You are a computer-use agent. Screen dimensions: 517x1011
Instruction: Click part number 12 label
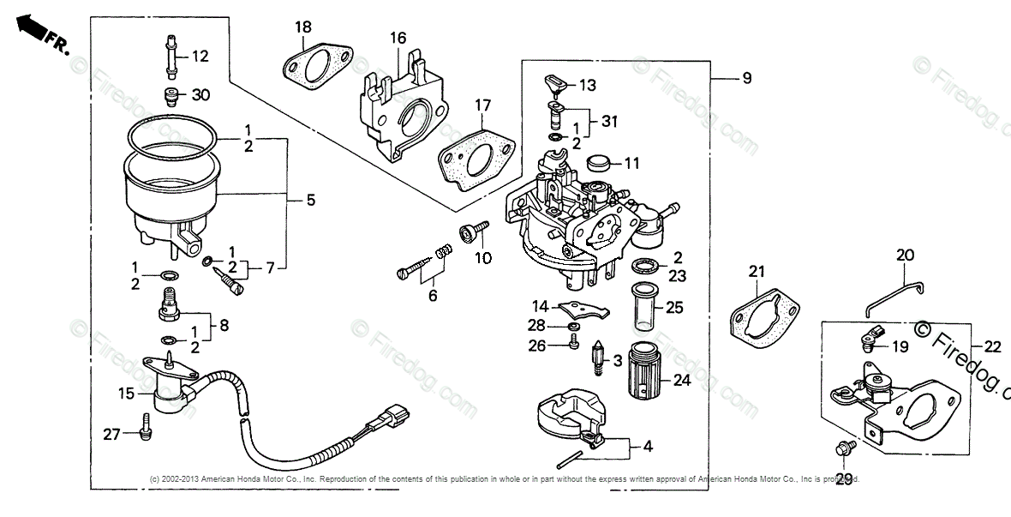click(x=200, y=57)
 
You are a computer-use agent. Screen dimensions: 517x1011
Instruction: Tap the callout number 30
click(x=200, y=95)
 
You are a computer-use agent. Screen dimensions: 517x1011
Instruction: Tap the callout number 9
click(x=747, y=79)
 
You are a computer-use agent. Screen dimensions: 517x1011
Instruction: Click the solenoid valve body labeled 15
click(x=170, y=391)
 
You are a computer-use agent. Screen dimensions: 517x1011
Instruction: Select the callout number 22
click(x=992, y=347)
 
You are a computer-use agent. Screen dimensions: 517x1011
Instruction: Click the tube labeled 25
click(x=646, y=304)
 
